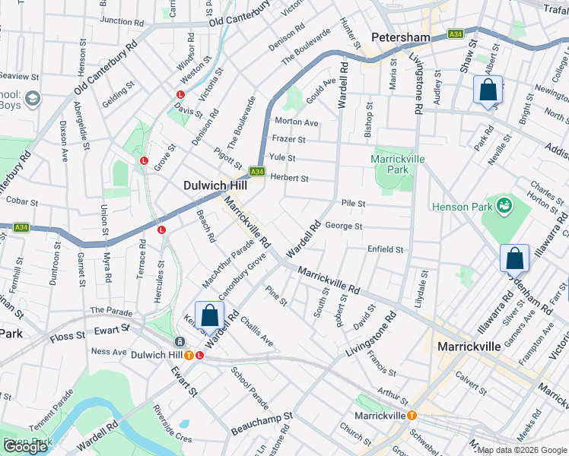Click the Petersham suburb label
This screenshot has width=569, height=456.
click(401, 37)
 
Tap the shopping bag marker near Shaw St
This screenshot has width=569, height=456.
click(488, 90)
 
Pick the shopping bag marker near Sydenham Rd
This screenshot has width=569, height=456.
click(515, 259)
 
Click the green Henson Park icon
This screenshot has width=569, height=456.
click(503, 205)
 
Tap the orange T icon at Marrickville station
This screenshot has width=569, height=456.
click(412, 416)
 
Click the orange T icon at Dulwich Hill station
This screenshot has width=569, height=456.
click(187, 355)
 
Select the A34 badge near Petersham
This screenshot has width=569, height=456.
click(456, 34)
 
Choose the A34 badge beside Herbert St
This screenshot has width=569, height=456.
click(257, 172)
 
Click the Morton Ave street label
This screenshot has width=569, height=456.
click(296, 122)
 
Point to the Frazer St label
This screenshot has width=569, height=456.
click(289, 140)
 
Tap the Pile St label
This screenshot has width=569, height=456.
click(354, 204)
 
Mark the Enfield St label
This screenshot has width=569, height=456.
click(385, 249)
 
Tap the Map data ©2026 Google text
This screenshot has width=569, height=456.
click(522, 450)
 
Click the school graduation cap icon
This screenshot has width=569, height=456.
click(33, 98)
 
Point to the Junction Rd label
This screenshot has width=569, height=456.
click(121, 21)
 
